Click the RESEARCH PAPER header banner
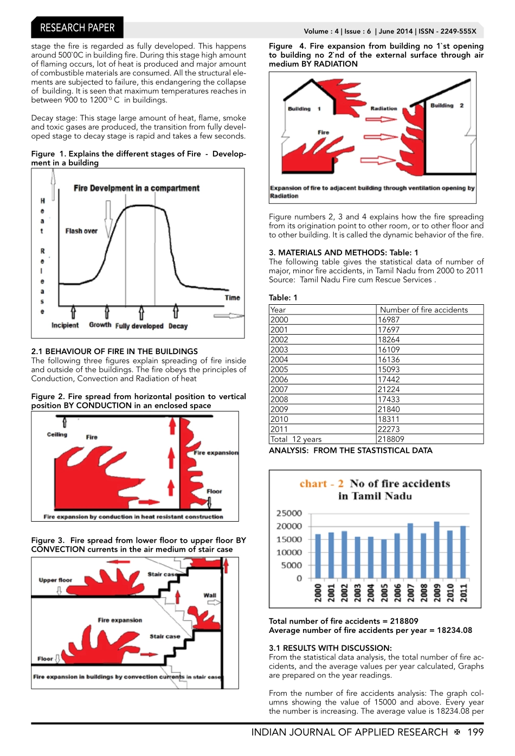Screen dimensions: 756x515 tap(77, 28)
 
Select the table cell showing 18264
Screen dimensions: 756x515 tap(389, 339)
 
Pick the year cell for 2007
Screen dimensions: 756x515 tap(279, 389)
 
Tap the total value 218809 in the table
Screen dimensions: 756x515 tap(391, 439)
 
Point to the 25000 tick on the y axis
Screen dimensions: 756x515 tap(289, 513)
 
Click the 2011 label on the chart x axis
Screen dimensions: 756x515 tap(463, 592)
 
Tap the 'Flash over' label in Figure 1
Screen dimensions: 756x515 tap(81, 231)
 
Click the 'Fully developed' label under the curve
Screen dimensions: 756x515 tap(139, 326)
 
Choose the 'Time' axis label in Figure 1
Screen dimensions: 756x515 tap(232, 298)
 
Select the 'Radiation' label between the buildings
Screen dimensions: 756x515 tap(384, 108)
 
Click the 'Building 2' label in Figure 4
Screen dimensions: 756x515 tap(447, 106)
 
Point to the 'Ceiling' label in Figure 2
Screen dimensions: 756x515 tap(57, 434)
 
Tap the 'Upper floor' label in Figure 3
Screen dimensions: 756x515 tap(55, 580)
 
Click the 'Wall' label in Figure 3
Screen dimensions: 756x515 tap(210, 595)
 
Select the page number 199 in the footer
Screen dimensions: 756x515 tap(475, 732)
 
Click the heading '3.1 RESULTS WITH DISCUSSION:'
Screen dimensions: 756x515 tap(330, 648)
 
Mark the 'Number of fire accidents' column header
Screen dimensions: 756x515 tap(423, 310)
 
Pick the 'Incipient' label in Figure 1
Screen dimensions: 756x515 tap(65, 325)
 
